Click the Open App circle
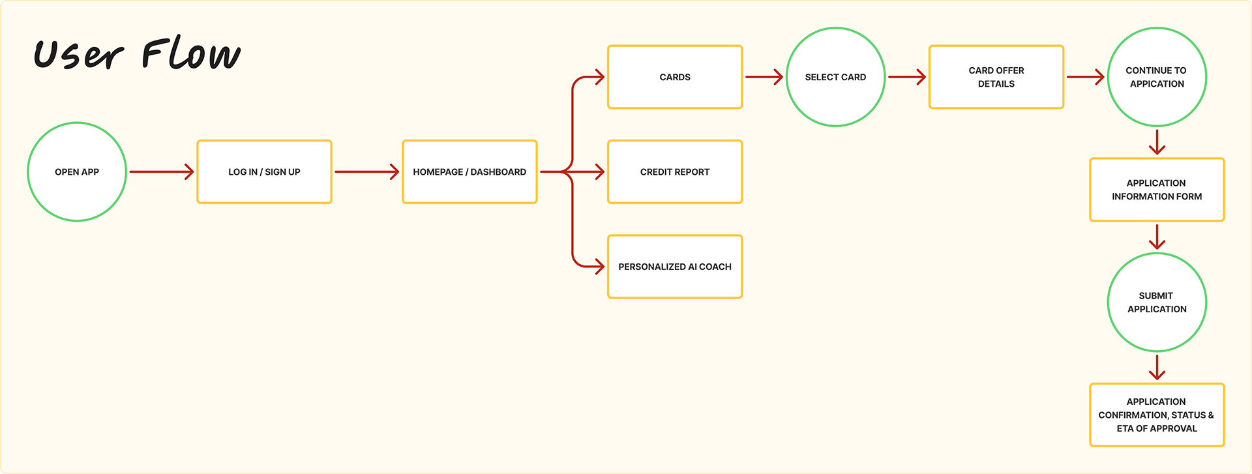[x=77, y=171]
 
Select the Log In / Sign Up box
[x=264, y=171]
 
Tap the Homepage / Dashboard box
[x=469, y=171]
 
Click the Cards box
[x=675, y=77]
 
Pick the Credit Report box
[x=675, y=171]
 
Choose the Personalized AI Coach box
[x=675, y=267]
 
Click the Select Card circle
[x=835, y=77]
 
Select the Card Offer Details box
[x=996, y=77]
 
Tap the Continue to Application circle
[x=1157, y=77]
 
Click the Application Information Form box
[x=1157, y=190]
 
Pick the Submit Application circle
[x=1157, y=303]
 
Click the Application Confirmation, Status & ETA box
[x=1157, y=415]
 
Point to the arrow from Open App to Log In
[x=161, y=171]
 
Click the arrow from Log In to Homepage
[x=366, y=171]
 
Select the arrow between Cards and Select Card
[x=764, y=77]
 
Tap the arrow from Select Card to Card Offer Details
[x=906, y=77]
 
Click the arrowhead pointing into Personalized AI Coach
[x=598, y=267]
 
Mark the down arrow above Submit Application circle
[x=1157, y=237]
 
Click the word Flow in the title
[x=191, y=54]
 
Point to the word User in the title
[x=78, y=55]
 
